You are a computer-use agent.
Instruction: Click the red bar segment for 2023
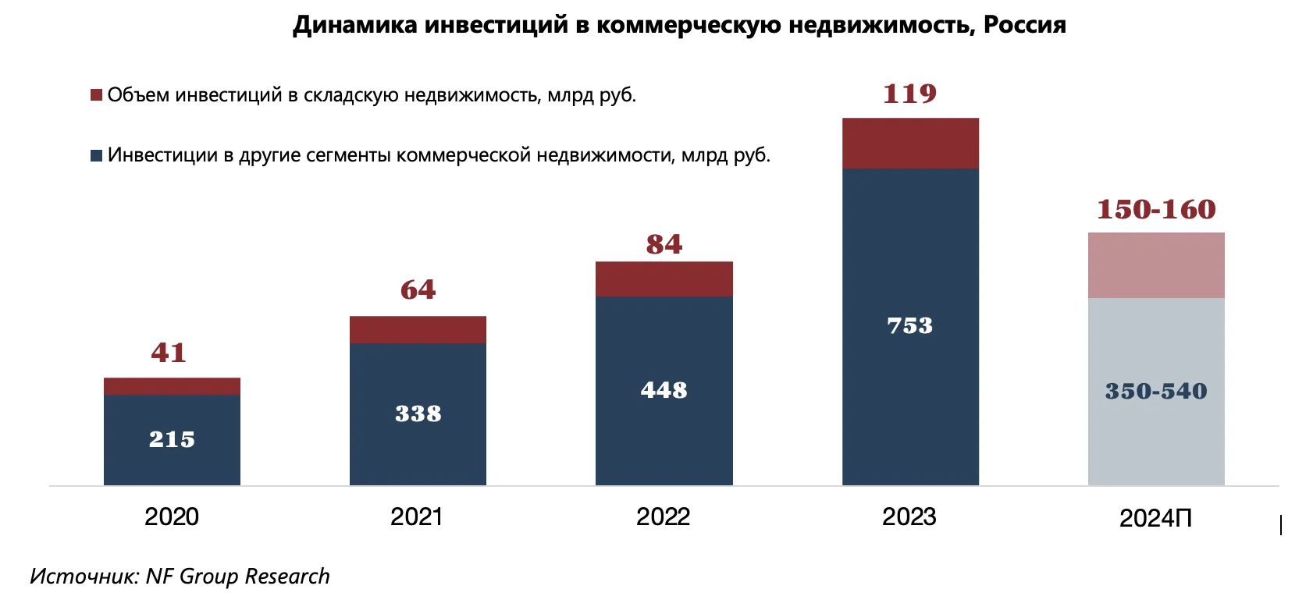click(910, 143)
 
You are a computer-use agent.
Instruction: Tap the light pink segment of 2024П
click(1156, 265)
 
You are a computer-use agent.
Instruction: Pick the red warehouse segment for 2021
click(418, 329)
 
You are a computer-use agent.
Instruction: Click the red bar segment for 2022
click(664, 279)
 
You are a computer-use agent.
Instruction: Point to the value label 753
click(910, 325)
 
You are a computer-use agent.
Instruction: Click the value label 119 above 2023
click(910, 94)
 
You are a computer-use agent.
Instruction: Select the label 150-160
click(1156, 209)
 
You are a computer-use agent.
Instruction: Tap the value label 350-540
click(1156, 391)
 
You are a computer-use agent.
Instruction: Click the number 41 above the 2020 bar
click(169, 353)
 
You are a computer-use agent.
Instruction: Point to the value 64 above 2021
click(418, 290)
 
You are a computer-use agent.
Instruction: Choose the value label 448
click(664, 390)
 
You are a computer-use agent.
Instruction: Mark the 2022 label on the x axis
click(663, 516)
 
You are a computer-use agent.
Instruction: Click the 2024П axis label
click(1155, 518)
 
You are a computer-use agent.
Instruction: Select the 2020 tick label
click(172, 516)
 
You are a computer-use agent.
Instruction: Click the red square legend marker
click(97, 95)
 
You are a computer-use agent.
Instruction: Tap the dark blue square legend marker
click(97, 155)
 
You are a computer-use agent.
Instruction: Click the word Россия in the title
click(1024, 25)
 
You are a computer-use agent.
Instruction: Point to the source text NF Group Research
click(237, 576)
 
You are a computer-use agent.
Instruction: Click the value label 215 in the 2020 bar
click(172, 439)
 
